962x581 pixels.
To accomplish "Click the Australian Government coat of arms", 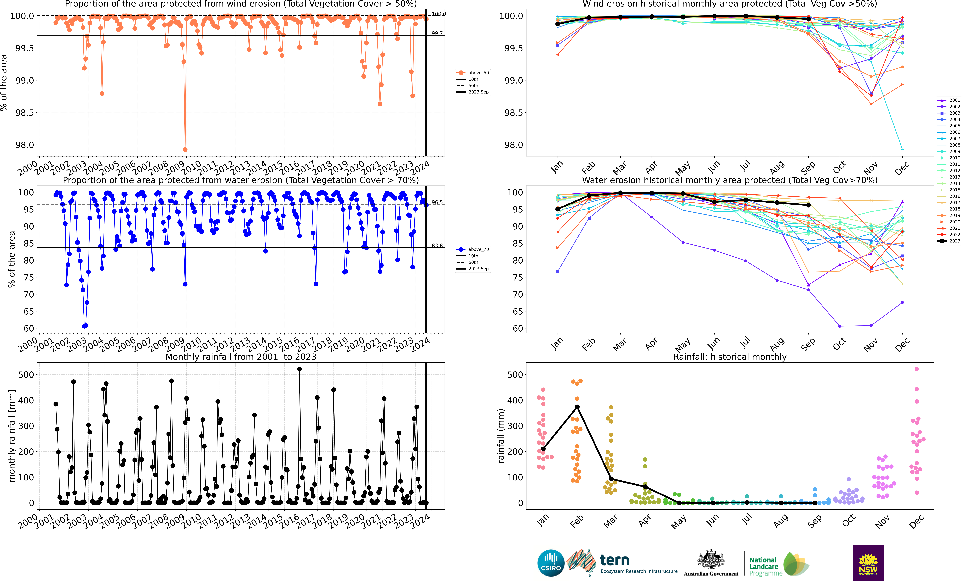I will [711, 560].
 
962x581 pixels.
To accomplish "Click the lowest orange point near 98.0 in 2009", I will [185, 150].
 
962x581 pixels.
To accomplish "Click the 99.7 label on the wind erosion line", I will [437, 33].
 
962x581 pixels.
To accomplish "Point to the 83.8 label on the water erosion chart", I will [437, 245].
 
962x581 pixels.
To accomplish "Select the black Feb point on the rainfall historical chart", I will [577, 407].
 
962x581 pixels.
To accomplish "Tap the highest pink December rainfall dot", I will [917, 369].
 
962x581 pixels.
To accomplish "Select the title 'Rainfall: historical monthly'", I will [730, 357].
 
